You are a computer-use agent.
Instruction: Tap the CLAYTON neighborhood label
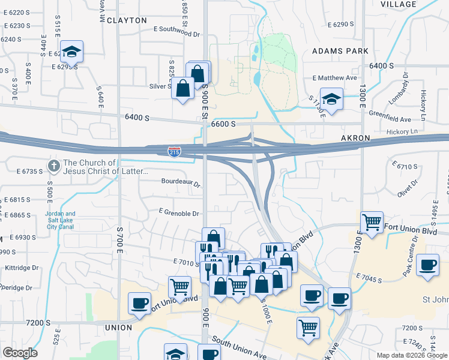point(127,20)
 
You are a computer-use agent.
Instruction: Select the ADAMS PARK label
point(340,52)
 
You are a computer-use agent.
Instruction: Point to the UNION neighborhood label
point(118,328)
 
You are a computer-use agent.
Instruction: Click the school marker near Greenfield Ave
point(331,98)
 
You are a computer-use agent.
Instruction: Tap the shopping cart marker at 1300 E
point(372,223)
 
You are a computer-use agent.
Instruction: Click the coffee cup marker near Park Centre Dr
point(428,265)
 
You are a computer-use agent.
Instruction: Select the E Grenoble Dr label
point(178,213)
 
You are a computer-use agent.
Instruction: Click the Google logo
point(20,353)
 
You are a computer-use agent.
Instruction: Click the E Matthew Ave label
point(335,78)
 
